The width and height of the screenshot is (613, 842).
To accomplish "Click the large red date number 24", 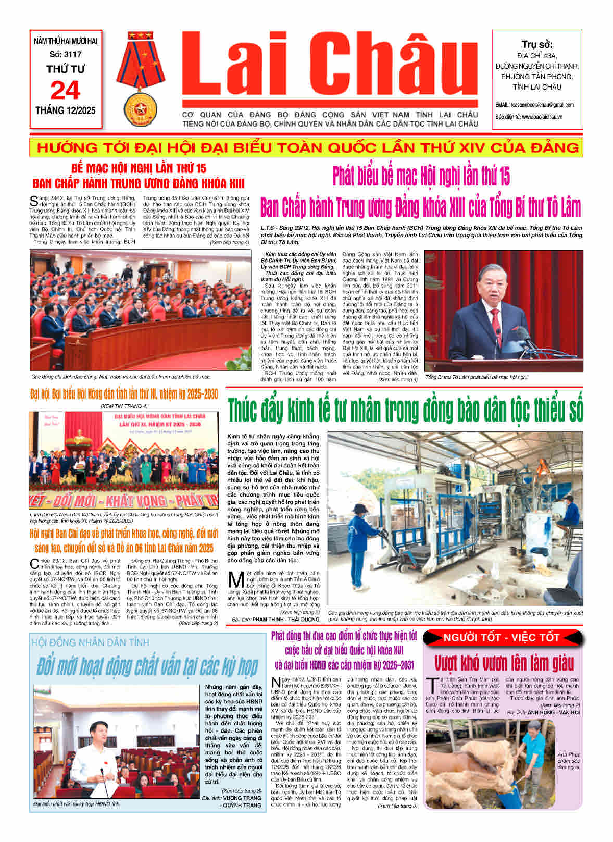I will click(65, 91).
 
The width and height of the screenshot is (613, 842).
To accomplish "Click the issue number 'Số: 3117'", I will click(65, 54).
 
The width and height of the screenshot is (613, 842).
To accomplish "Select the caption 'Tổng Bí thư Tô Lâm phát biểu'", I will click(477, 377).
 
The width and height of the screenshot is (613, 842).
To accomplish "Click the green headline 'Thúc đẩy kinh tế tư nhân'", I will click(405, 410).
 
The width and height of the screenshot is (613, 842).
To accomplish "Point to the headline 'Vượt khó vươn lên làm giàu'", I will click(504, 663).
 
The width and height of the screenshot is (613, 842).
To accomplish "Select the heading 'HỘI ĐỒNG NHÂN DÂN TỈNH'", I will click(90, 642).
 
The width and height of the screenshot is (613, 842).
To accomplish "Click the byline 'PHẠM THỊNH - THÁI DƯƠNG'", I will click(285, 620).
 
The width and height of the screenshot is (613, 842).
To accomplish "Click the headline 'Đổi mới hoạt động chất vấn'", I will click(147, 666).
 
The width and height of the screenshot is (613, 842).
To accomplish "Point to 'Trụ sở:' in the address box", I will click(537, 44).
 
